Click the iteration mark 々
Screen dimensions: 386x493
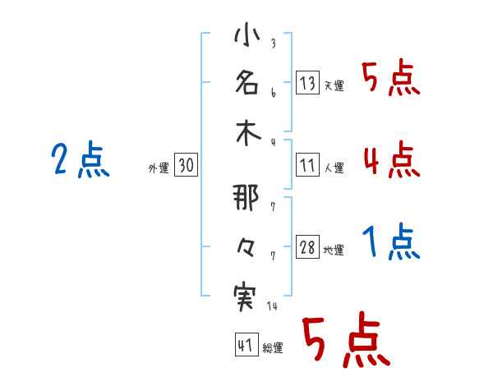click(x=246, y=247)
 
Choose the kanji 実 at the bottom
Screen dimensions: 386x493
click(x=246, y=295)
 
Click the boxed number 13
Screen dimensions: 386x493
click(x=308, y=83)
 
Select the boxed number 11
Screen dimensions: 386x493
click(x=308, y=165)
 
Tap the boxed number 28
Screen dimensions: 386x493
click(x=308, y=247)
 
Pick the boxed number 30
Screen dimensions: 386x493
click(x=187, y=166)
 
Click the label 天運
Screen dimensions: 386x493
click(x=334, y=85)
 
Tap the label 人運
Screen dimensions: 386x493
click(x=334, y=168)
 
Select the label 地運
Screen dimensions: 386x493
click(x=334, y=250)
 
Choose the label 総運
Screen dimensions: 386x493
click(x=273, y=348)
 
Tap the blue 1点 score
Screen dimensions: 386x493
click(x=390, y=242)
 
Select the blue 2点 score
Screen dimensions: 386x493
click(x=80, y=160)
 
